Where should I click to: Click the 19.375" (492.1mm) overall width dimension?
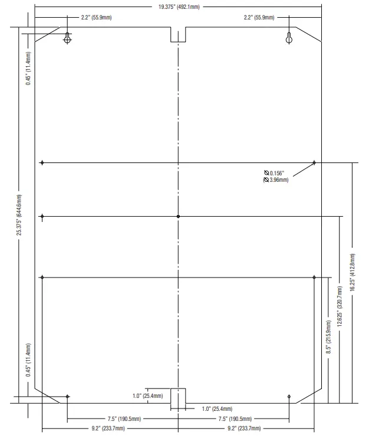click(178, 7)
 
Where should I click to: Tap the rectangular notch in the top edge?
click(178, 34)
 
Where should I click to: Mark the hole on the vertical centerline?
click(179, 217)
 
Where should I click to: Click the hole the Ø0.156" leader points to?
click(314, 162)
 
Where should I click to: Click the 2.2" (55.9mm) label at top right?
click(259, 18)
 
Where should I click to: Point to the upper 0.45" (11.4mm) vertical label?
click(28, 68)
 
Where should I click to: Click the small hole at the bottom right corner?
click(289, 396)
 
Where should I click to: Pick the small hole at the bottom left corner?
click(68, 396)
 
